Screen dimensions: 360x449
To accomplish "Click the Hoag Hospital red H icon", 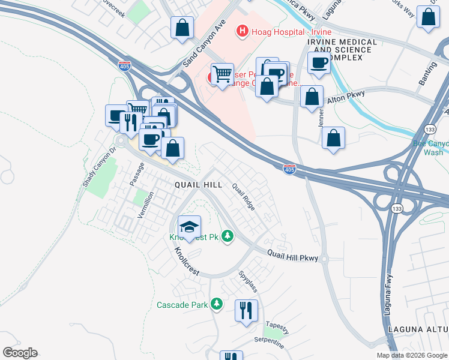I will [x=243, y=31].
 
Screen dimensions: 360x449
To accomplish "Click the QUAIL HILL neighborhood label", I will [x=198, y=185].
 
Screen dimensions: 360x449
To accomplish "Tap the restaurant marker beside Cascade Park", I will [x=246, y=310].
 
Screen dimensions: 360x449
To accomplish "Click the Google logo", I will [x=20, y=353].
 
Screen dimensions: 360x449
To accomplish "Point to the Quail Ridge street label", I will [x=244, y=197].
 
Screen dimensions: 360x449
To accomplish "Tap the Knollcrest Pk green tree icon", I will [x=227, y=236].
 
